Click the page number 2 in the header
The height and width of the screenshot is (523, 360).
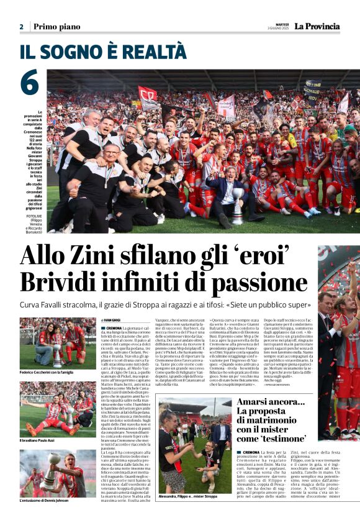21,27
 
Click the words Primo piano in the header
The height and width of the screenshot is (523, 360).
56,27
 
